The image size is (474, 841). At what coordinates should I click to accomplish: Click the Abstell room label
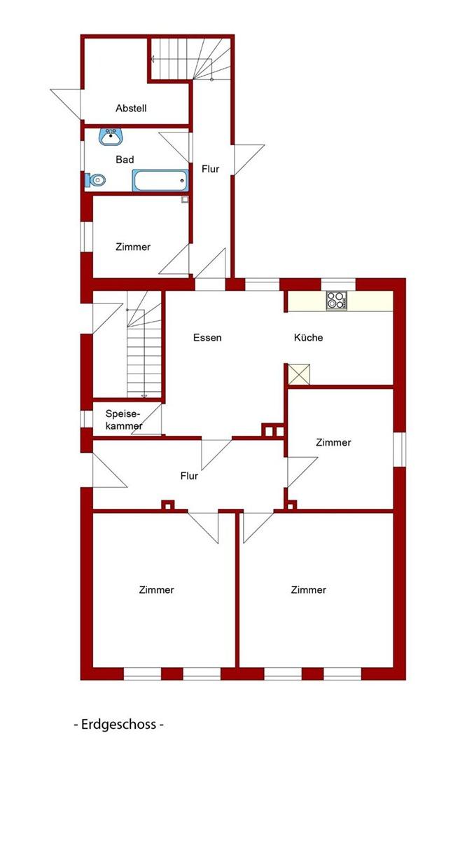click(131, 108)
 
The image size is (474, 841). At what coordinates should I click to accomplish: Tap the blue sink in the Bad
click(111, 136)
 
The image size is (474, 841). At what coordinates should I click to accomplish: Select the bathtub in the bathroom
click(160, 181)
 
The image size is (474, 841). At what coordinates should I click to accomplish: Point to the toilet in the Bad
click(95, 180)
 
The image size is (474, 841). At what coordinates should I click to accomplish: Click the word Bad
click(125, 160)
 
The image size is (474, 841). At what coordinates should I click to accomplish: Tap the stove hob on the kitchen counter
click(336, 301)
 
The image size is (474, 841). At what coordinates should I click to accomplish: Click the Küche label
click(308, 338)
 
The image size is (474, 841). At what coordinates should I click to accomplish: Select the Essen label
click(207, 338)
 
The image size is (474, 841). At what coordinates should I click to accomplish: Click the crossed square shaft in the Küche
click(299, 374)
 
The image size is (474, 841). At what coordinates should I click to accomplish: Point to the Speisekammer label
click(124, 420)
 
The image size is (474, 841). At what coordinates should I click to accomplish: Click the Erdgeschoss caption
click(118, 724)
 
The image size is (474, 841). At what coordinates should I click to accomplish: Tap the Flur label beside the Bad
click(210, 169)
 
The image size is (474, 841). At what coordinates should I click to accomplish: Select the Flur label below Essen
click(189, 476)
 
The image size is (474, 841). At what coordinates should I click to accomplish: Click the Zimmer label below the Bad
click(133, 247)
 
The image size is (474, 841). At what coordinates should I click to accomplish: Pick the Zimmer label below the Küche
click(333, 442)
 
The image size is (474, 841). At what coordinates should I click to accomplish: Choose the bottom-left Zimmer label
click(156, 590)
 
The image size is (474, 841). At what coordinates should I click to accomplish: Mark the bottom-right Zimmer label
click(308, 590)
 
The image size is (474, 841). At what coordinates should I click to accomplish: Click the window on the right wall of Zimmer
click(399, 449)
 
